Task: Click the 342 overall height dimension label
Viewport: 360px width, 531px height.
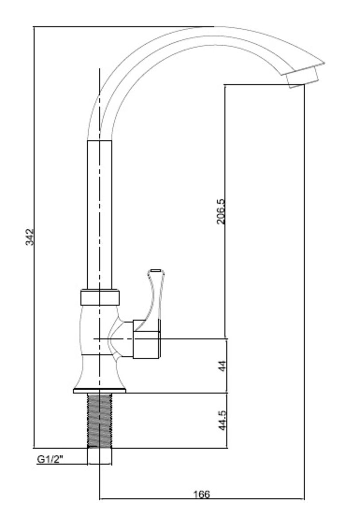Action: pos(30,237)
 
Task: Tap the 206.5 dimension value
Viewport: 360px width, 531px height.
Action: pos(221,212)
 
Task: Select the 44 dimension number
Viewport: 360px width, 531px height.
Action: pos(222,366)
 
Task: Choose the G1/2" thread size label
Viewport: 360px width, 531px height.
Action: pos(50,459)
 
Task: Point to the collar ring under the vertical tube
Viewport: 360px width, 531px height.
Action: pos(100,297)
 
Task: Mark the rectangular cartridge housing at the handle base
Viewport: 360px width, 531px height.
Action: pos(147,339)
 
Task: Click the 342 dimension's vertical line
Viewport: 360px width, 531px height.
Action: pos(34,237)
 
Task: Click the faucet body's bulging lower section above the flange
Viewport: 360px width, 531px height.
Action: pos(100,372)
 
